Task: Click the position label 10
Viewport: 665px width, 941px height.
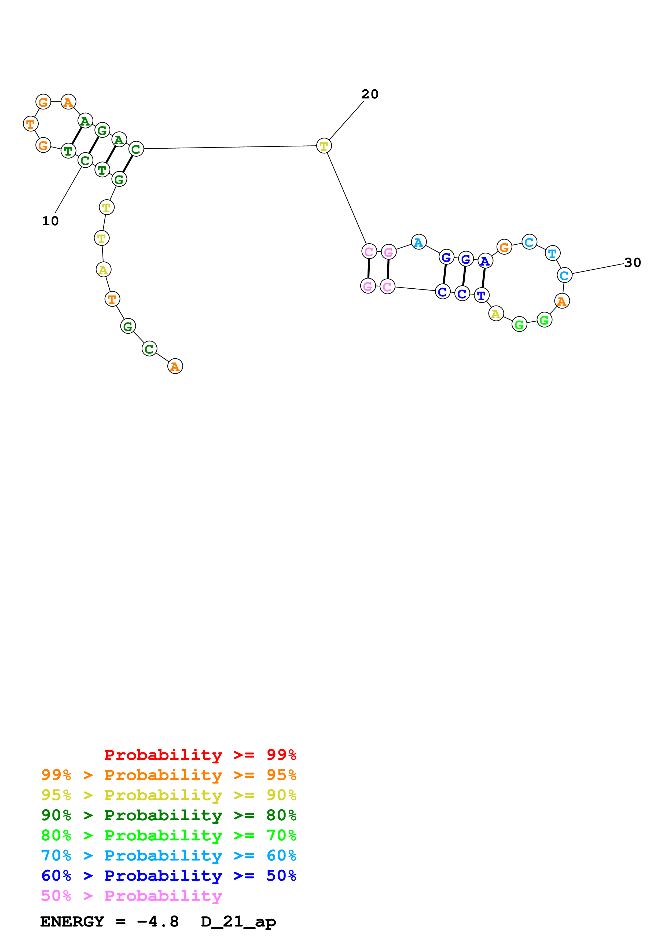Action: (50, 221)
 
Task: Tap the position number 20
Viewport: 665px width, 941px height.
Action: (370, 94)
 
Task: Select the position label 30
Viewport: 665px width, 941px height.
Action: (632, 262)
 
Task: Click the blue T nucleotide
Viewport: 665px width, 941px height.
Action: (482, 295)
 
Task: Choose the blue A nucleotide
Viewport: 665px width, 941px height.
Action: (485, 261)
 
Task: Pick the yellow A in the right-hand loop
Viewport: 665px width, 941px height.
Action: (496, 314)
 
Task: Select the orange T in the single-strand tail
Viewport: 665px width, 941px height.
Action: (112, 299)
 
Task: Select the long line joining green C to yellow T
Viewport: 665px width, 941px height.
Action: (229, 147)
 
